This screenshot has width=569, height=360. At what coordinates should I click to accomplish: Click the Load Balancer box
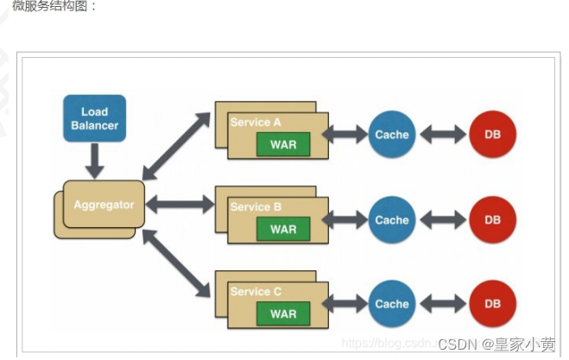94,118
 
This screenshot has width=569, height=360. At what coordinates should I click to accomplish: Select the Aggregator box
103,205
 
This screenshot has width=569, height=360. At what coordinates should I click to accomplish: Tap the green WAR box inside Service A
282,144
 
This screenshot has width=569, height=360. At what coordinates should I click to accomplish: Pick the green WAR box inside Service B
282,229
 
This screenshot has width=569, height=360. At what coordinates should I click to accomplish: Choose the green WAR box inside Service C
282,313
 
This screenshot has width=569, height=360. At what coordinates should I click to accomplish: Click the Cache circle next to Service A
391,135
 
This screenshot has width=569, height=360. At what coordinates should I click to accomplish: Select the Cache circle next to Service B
391,220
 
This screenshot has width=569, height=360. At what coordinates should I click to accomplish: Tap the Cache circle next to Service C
391,304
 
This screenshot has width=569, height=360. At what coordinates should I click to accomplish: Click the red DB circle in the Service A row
492,135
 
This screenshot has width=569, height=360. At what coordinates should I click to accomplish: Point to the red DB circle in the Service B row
492,220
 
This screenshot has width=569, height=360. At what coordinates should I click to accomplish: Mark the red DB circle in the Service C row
492,304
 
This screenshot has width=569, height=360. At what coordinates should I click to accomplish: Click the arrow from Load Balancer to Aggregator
95,161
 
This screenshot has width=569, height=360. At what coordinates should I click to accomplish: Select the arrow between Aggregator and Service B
180,205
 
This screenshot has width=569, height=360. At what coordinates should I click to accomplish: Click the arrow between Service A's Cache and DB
442,135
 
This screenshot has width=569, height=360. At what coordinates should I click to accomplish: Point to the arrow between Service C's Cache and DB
442,304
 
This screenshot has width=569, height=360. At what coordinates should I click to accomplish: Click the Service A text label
256,123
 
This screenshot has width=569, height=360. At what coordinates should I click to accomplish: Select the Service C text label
256,292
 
